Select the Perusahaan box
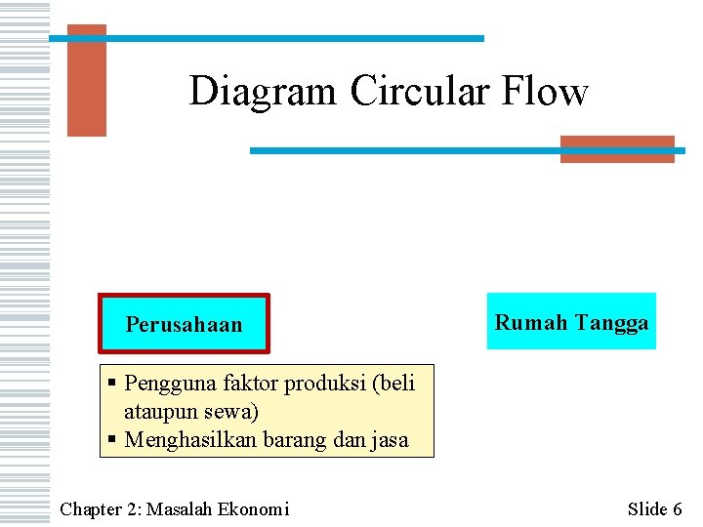[x=184, y=324]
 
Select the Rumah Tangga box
[x=572, y=322]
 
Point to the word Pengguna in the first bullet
[x=166, y=384]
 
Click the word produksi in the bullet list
[x=323, y=384]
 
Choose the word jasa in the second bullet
[x=388, y=440]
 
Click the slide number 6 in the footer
[x=677, y=508]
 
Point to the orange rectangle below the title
[x=617, y=148]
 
